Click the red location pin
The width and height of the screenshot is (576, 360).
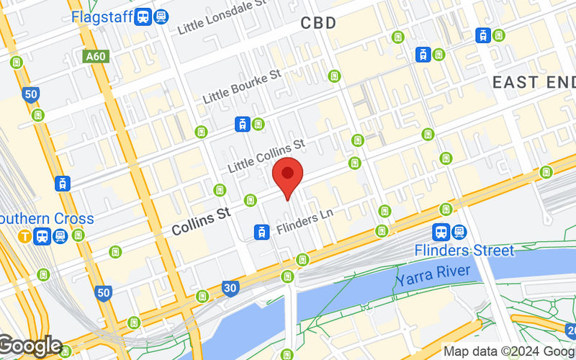(x=288, y=175)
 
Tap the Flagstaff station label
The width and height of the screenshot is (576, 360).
(x=102, y=16)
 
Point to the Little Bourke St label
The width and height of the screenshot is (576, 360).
(x=241, y=87)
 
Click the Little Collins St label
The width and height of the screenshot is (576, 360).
(x=266, y=156)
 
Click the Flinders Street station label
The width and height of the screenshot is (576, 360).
(x=464, y=251)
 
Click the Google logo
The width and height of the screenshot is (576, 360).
(x=30, y=346)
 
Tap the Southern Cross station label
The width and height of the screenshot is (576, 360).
(x=46, y=218)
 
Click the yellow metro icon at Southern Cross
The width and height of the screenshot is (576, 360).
(x=26, y=235)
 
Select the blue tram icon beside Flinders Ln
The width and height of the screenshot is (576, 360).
(x=261, y=232)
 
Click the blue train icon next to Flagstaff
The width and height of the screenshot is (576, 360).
(x=143, y=16)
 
